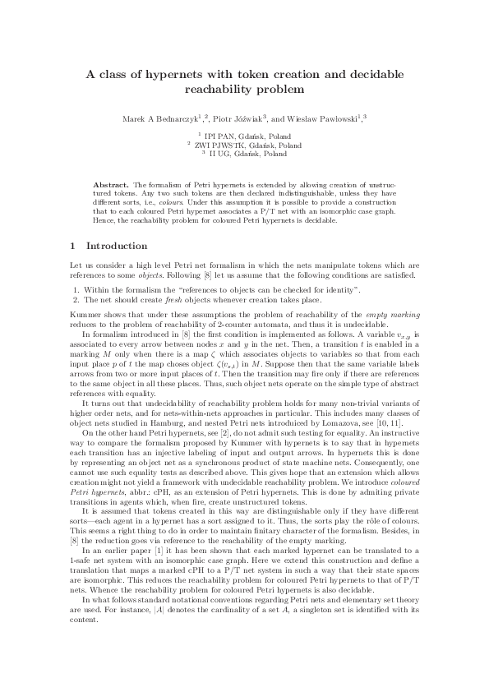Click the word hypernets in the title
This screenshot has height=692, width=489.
[166, 74]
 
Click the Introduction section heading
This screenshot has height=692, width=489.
[117, 246]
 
